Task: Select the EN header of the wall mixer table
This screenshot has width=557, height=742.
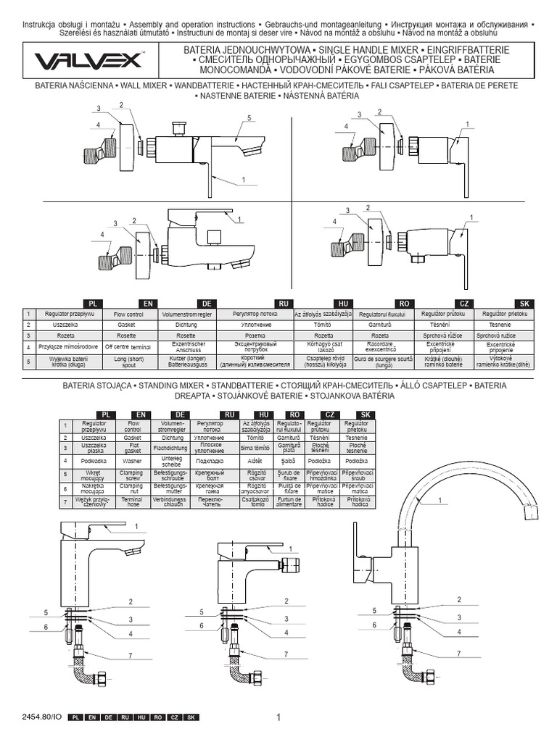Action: [148, 303]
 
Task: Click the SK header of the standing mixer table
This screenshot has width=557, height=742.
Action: [368, 414]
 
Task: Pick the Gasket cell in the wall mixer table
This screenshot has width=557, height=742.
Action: [131, 325]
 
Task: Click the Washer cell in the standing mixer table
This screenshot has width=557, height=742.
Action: [133, 460]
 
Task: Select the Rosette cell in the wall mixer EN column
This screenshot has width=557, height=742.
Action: [131, 336]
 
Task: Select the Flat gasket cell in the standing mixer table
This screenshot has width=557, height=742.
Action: [133, 448]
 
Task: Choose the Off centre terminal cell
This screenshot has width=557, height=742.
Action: [131, 348]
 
